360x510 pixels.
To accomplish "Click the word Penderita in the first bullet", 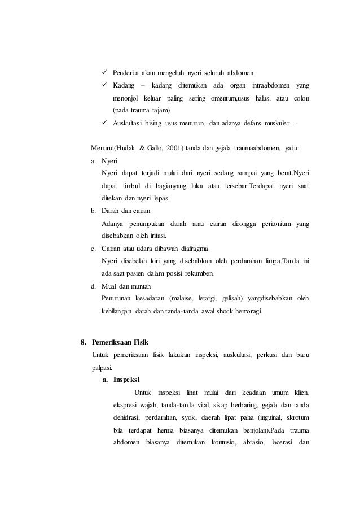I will [x=127, y=73].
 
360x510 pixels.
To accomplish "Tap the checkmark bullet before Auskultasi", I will [x=105, y=123].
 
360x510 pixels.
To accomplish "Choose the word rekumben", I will [x=197, y=274].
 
